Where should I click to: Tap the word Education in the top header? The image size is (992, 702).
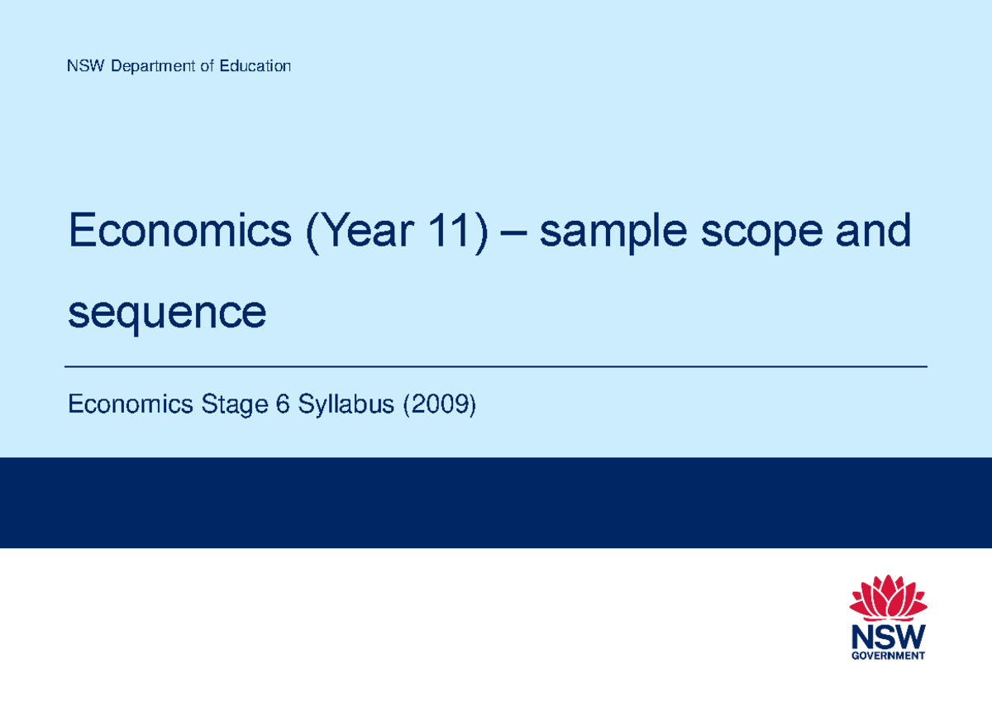[x=255, y=66]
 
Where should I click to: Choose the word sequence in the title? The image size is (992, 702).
[x=168, y=313]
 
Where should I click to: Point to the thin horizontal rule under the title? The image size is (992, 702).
[x=496, y=365]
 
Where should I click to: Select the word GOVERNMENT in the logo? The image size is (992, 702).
[x=889, y=657]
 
